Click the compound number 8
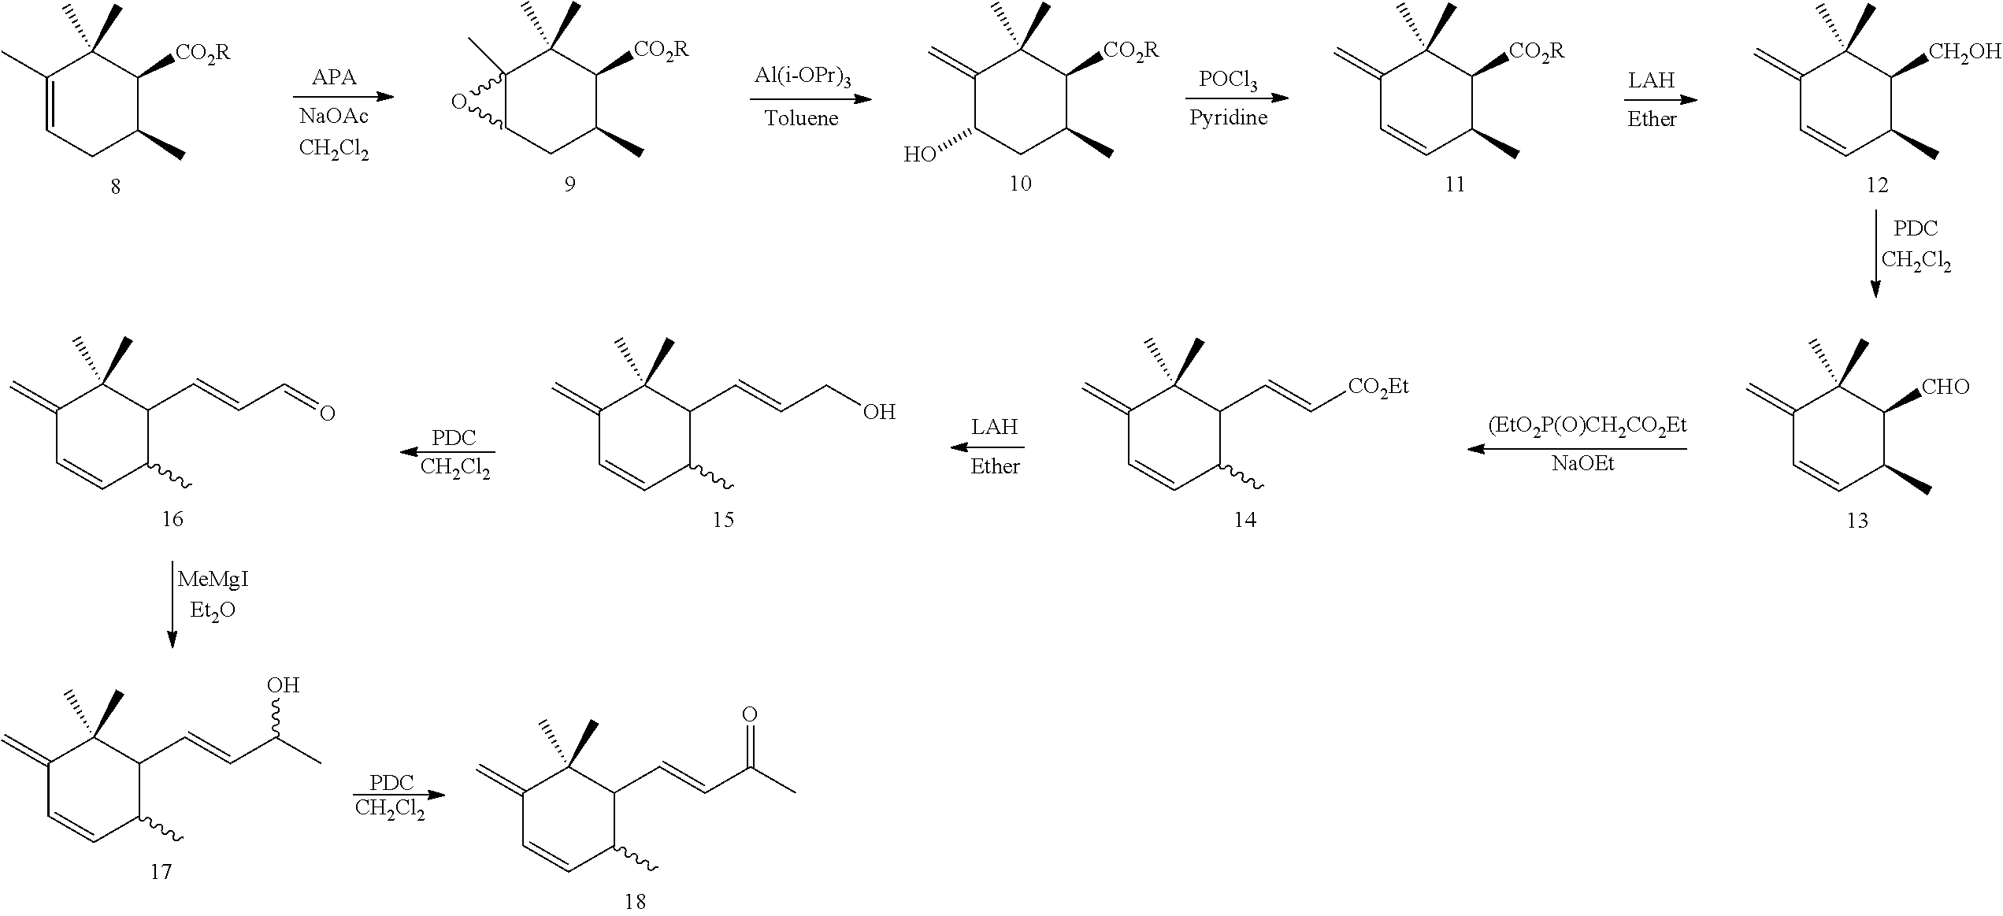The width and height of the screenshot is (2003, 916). (x=116, y=187)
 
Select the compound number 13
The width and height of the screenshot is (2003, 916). (x=1856, y=521)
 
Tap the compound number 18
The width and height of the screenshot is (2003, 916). (x=635, y=902)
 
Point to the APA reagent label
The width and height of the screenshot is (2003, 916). (x=334, y=77)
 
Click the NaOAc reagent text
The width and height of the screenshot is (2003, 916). (x=334, y=117)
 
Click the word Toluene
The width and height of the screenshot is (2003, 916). (x=802, y=119)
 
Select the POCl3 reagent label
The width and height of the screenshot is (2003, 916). (x=1228, y=80)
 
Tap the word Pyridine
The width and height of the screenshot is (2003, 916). (x=1228, y=118)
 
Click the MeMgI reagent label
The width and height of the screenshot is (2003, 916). (x=213, y=580)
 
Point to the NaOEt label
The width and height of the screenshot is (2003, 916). (x=1583, y=463)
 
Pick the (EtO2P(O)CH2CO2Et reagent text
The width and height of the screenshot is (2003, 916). (x=1586, y=426)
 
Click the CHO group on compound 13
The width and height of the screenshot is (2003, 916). (x=1946, y=387)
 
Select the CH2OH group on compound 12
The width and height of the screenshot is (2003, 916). (x=1964, y=52)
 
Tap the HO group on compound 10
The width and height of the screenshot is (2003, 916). (x=919, y=154)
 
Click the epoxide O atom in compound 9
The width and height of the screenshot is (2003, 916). (x=458, y=102)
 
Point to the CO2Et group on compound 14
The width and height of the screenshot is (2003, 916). (x=1378, y=386)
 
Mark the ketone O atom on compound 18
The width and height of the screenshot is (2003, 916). (x=750, y=714)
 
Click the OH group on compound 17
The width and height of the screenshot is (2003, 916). (x=283, y=685)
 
